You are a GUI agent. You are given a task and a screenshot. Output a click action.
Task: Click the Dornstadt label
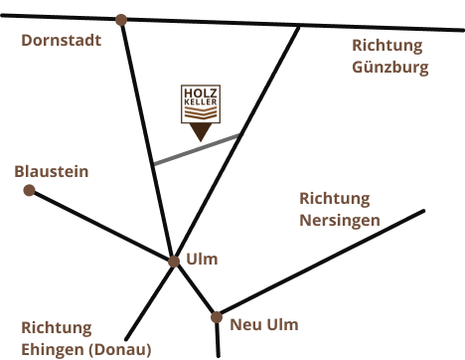coord(61,41)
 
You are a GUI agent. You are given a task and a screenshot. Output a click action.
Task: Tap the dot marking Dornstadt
coord(121,19)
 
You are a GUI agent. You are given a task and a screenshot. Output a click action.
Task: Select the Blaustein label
coord(51,171)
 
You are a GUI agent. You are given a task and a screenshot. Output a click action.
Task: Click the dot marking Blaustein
coord(29,190)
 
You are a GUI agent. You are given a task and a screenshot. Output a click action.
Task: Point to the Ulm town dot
coord(174,262)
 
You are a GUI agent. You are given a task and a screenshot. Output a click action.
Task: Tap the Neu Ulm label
coord(263,324)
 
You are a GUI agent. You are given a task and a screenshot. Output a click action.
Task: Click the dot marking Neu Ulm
coord(216,317)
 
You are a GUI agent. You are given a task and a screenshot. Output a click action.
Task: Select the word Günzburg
coord(390,68)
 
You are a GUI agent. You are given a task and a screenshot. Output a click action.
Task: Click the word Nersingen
coord(340,219)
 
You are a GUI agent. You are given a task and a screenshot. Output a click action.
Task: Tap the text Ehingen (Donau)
coord(86,349)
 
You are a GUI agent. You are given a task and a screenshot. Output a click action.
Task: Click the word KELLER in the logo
coord(200,105)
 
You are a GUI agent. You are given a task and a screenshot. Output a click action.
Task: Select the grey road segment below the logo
coord(199,148)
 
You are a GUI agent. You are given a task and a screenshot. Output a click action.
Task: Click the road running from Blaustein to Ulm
coord(99,225)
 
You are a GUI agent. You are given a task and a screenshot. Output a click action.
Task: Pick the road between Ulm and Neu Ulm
coord(196,290)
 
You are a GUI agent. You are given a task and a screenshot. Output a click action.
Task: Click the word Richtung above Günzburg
coord(387,46)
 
